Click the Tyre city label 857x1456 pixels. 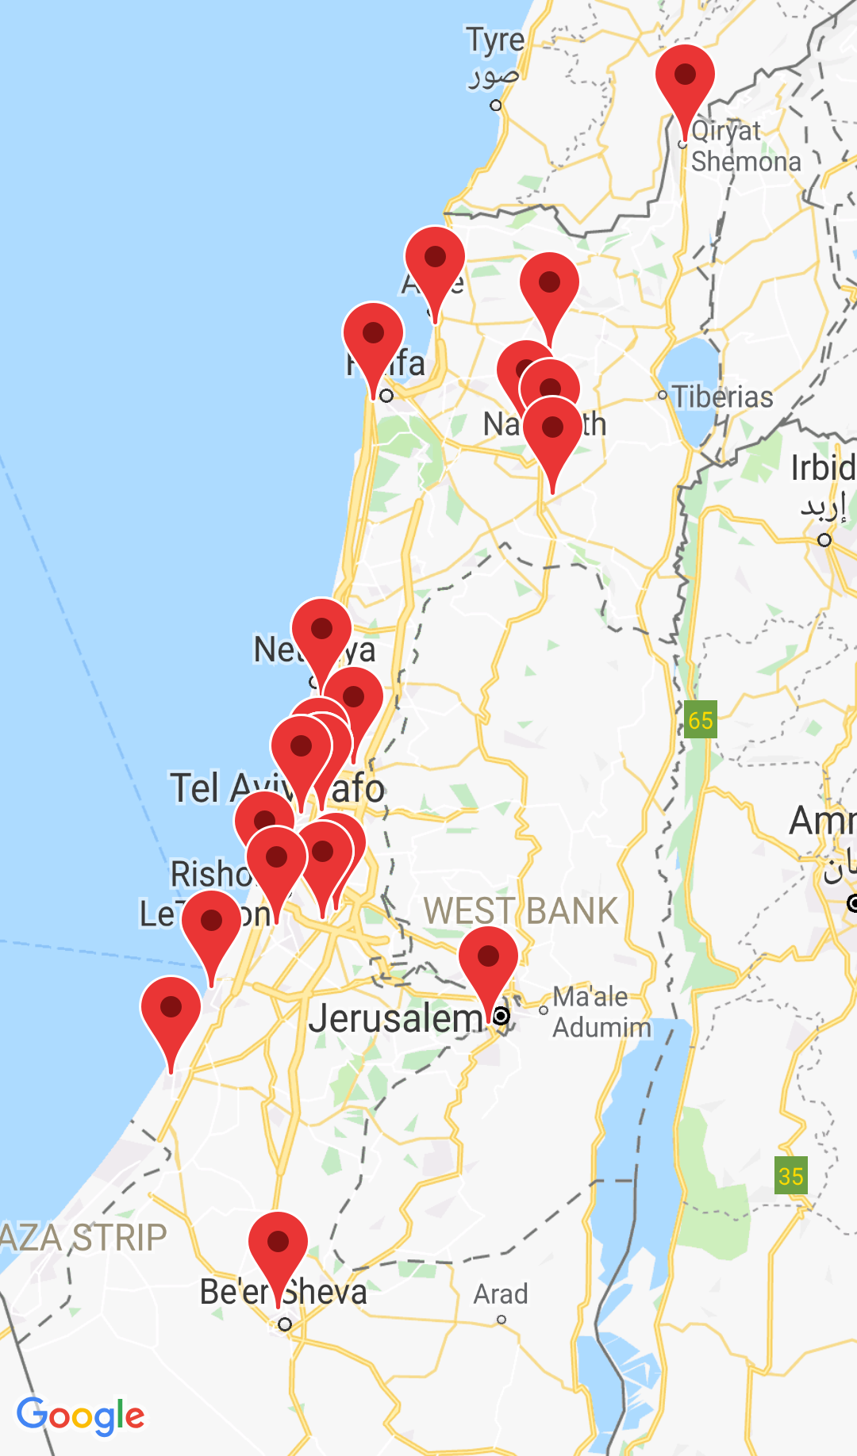[x=495, y=40]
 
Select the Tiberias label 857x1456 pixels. [x=722, y=397]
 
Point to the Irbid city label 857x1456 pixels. [x=823, y=469]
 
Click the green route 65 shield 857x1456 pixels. [x=701, y=720]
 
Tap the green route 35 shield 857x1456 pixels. [x=790, y=1175]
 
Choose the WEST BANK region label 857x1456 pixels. [x=521, y=911]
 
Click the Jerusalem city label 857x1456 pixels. [x=395, y=1018]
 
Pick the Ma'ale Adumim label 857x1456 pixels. [x=601, y=1012]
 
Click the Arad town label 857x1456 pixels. [x=501, y=1294]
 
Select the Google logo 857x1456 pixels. [x=81, y=1416]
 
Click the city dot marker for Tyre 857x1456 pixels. [x=496, y=105]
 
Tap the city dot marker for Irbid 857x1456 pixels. [x=824, y=540]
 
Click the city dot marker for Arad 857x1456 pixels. [x=502, y=1320]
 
